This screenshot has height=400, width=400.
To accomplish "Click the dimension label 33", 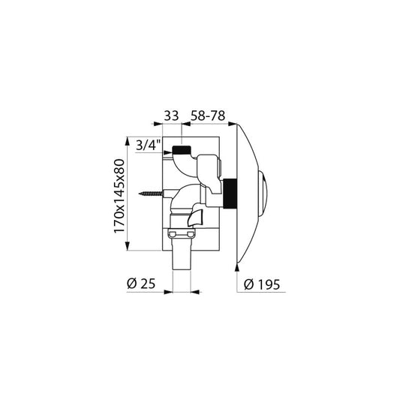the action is coord(171,116).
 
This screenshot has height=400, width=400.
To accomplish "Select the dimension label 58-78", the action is coord(208,116).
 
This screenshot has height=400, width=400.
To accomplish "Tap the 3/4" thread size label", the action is coord(148,146).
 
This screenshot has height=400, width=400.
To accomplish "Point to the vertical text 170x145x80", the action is coord(119,196).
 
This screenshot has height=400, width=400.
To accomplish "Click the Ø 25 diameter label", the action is coord(141,284).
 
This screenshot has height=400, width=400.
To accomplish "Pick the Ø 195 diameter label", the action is coord(262,284).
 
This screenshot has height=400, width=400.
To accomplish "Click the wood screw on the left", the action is coord(151,194).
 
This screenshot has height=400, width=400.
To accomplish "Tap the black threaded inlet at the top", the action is coord(182,150).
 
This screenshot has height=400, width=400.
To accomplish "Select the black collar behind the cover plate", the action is coord(230,194).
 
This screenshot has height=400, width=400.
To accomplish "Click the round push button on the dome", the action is coord(263,194).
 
